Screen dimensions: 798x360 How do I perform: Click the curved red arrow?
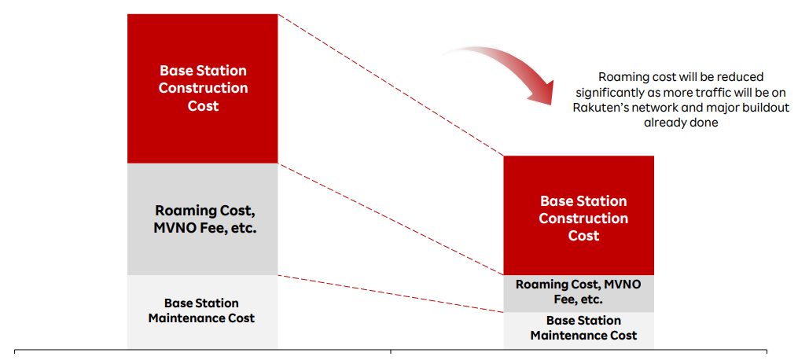pos(511,70)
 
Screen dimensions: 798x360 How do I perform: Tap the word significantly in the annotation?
pos(605,92)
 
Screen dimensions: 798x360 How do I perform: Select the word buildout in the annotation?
pos(763,108)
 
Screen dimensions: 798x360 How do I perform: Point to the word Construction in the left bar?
pos(203,88)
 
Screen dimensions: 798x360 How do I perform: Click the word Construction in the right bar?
pos(583,219)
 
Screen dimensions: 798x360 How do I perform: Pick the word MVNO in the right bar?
pos(623,285)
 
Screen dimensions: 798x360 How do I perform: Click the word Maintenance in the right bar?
pos(583,336)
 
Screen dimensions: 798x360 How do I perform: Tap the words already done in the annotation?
pos(681,123)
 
